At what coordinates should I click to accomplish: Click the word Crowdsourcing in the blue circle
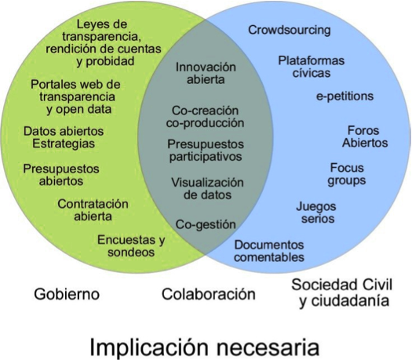290,31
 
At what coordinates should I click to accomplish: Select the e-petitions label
345,96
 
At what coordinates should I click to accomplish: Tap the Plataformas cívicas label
312,67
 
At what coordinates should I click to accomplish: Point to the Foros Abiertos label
365,136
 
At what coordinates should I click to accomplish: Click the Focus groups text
347,174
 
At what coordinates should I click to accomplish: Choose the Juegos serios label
316,213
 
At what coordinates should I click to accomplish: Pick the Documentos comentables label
269,251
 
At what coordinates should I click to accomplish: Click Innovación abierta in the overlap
206,73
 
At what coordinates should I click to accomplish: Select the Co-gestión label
206,225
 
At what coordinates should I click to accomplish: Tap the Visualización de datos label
208,188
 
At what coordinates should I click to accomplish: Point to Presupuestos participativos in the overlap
206,151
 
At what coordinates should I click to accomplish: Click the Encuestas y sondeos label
131,246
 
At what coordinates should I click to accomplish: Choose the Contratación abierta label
93,210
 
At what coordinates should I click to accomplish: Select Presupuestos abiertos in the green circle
61,175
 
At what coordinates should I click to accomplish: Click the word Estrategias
64,144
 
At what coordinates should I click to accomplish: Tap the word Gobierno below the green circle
67,294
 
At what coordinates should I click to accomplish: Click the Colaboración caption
209,294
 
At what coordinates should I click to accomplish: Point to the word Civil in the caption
377,285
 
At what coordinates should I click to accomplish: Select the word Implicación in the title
149,347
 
